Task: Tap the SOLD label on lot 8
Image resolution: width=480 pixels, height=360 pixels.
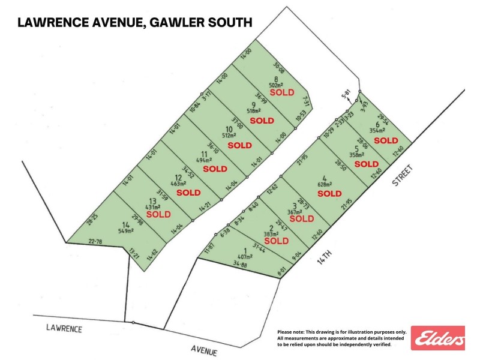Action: coord(281,93)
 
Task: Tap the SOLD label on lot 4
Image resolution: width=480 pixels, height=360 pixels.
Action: coord(329,193)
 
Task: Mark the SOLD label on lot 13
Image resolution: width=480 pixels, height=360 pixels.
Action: coord(158,214)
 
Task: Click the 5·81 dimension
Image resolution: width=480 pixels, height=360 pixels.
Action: coord(345,95)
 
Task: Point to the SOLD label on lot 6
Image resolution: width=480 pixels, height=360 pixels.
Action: coord(386,140)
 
